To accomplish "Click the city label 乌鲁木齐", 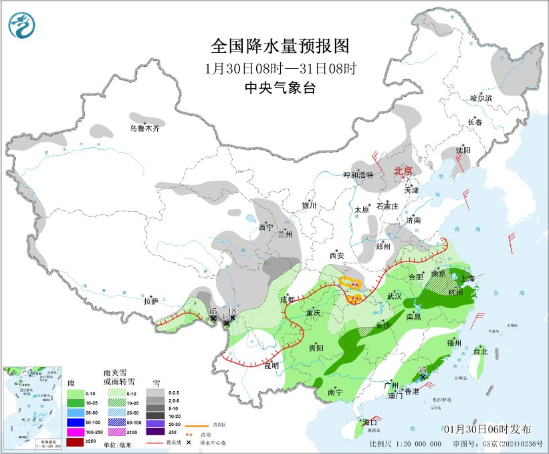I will (x=145, y=128).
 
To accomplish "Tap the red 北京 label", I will (x=404, y=171).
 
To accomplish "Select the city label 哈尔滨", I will (x=480, y=98).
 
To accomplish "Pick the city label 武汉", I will (x=394, y=296).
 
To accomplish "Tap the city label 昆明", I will (x=271, y=366).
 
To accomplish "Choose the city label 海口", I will (x=370, y=423).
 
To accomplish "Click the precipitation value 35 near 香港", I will (x=422, y=369).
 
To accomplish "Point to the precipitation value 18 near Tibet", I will (x=232, y=312).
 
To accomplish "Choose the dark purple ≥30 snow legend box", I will (x=155, y=432).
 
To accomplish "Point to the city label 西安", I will (x=335, y=255).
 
